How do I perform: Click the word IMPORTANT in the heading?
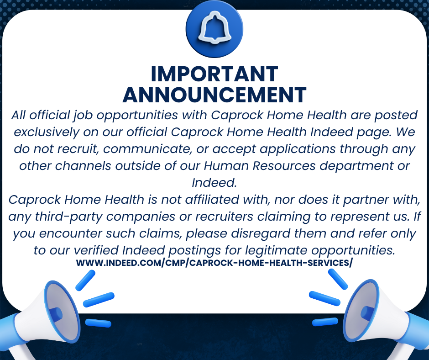(214, 74)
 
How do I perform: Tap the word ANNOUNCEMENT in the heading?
(214, 95)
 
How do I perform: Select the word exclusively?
(46, 132)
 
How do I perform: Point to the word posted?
(396, 116)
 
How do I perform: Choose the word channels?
(83, 166)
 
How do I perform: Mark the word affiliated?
(212, 200)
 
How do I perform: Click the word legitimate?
(276, 251)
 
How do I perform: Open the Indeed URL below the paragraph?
(214, 263)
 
